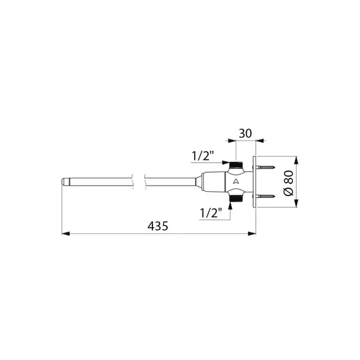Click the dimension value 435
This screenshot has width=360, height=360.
[158, 226]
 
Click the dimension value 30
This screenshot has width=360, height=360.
[245, 134]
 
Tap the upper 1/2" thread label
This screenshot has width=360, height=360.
[204, 155]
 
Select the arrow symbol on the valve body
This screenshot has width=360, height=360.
[236, 182]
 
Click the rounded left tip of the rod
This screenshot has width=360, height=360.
[64, 182]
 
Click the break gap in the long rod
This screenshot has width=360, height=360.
[139, 182]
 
